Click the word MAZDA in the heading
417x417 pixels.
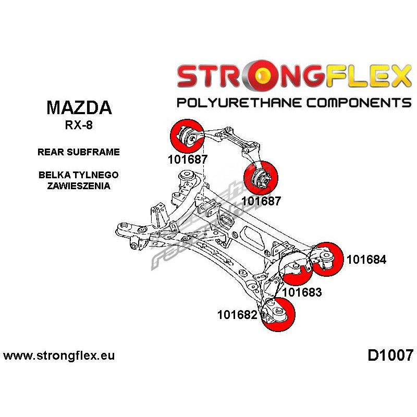(x=79, y=108)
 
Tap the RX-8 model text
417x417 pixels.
(x=79, y=125)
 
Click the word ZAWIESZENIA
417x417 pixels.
(x=79, y=186)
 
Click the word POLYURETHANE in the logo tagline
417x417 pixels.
(x=239, y=102)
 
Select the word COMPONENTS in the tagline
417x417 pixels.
(x=359, y=102)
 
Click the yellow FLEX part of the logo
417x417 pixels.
(x=369, y=76)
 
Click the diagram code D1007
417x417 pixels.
(x=390, y=355)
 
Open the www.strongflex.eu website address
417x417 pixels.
(x=59, y=355)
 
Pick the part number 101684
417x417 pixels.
(x=366, y=259)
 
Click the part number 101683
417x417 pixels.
(x=302, y=292)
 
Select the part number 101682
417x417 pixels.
(x=238, y=315)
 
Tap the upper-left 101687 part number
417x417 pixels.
(x=188, y=160)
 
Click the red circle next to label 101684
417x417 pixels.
(x=327, y=259)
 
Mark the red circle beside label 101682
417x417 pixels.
(x=278, y=315)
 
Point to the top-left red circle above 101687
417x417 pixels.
(x=187, y=136)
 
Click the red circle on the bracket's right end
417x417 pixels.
(x=261, y=177)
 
